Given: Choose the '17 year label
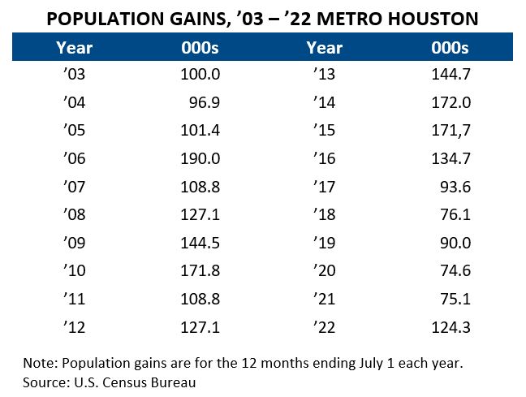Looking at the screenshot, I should point(323,188).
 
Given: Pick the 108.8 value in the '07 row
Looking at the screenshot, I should point(200,188).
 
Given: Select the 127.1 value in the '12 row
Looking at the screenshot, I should point(200,327).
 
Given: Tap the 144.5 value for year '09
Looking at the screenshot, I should point(200,244).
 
